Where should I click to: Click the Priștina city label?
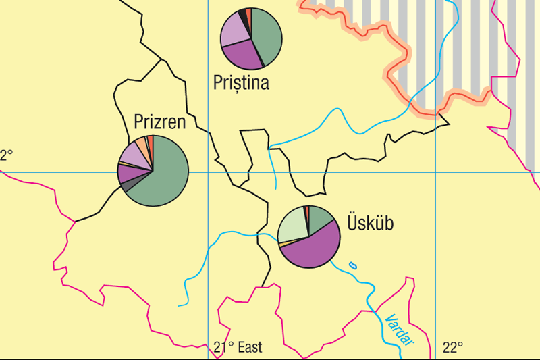click(241, 83)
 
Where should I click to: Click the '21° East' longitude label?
click(238, 349)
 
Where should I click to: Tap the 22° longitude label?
click(453, 349)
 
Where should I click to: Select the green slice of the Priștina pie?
click(267, 36)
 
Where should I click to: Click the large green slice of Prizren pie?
click(162, 176)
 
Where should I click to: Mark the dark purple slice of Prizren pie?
click(128, 173)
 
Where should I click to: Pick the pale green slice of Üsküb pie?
click(292, 224)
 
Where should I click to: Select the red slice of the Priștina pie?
click(248, 16)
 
